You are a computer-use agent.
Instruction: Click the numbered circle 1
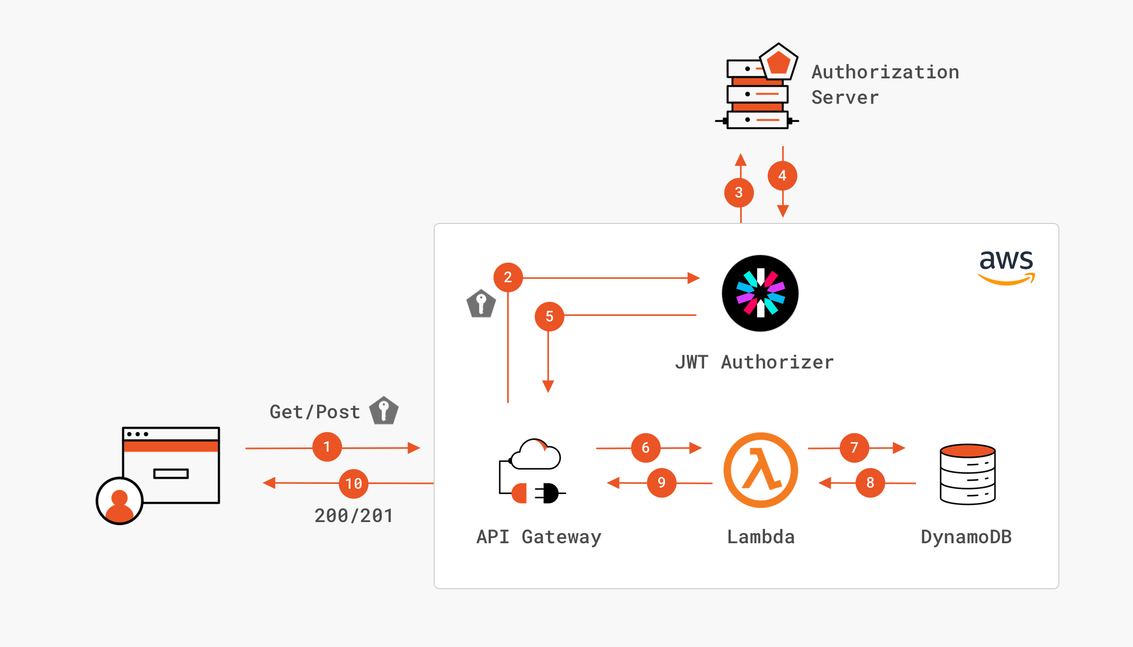point(327,447)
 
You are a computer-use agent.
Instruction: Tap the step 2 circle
point(508,277)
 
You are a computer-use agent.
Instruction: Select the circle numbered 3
point(739,193)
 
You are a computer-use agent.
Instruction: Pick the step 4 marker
point(783,176)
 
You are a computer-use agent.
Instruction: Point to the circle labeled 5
point(550,317)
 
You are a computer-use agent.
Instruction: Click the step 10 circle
point(354,484)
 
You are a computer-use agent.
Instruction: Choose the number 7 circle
point(855,448)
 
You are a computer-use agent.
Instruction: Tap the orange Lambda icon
point(761,470)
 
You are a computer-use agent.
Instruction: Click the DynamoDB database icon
point(968,474)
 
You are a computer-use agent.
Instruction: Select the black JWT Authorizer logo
point(760,293)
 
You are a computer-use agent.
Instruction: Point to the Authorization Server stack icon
point(757,86)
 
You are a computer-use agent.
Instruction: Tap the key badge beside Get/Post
point(384,410)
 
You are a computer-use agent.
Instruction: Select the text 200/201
point(354,516)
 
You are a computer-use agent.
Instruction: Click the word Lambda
point(761,537)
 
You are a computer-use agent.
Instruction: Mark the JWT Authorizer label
point(754,362)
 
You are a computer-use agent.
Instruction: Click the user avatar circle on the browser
point(120,501)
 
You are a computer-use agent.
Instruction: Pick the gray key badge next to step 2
point(481,303)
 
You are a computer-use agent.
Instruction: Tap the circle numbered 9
point(662,483)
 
